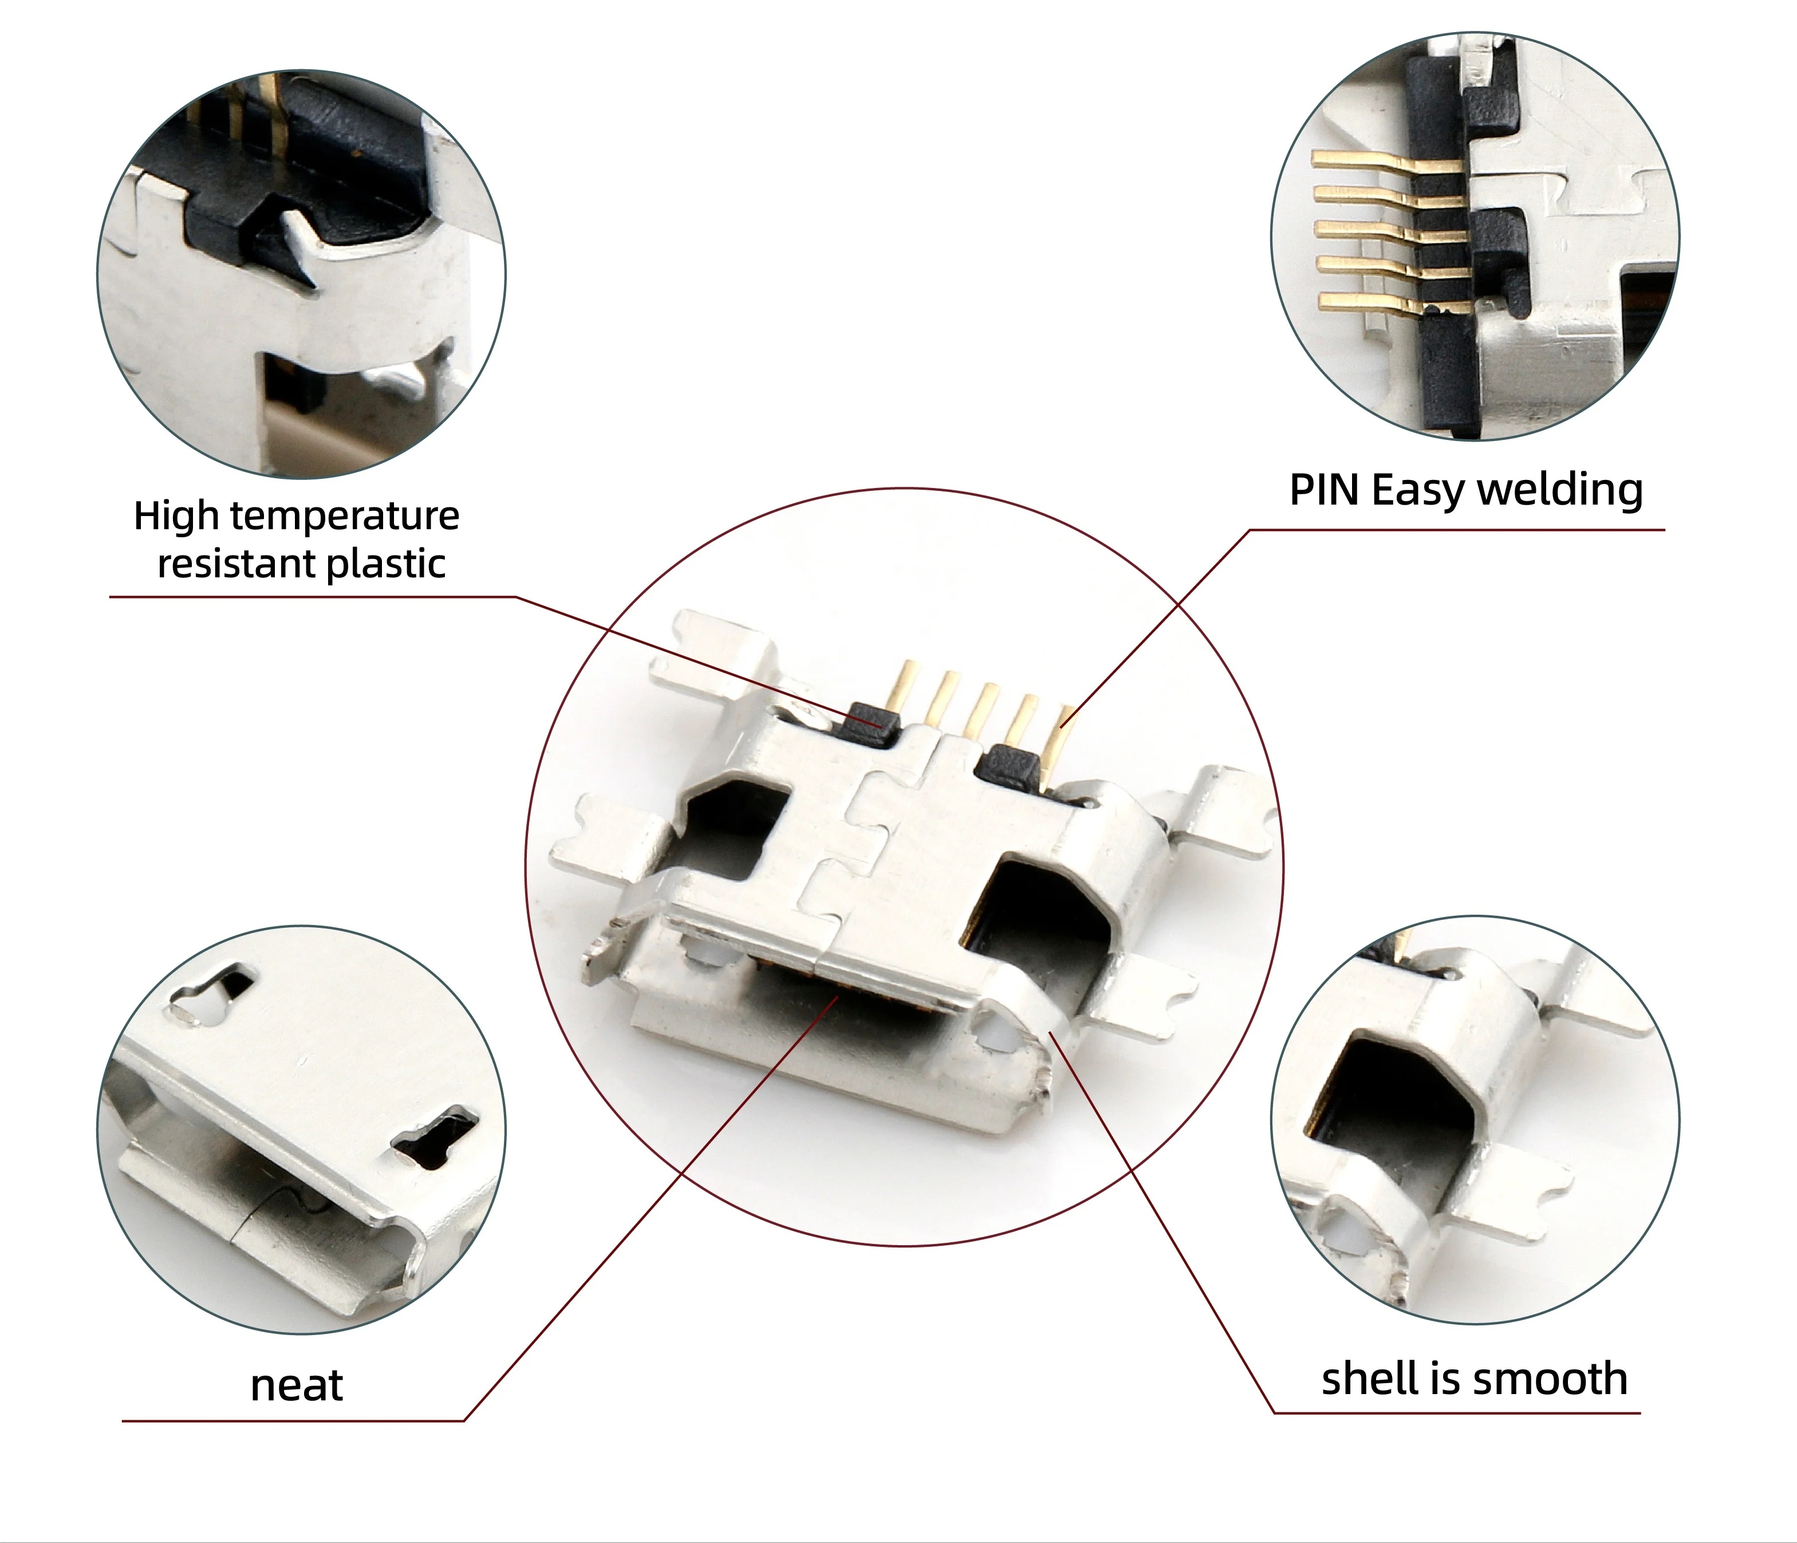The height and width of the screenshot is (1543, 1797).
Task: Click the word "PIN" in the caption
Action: pos(1323,490)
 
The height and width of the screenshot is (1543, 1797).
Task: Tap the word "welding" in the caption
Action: pos(1559,491)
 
